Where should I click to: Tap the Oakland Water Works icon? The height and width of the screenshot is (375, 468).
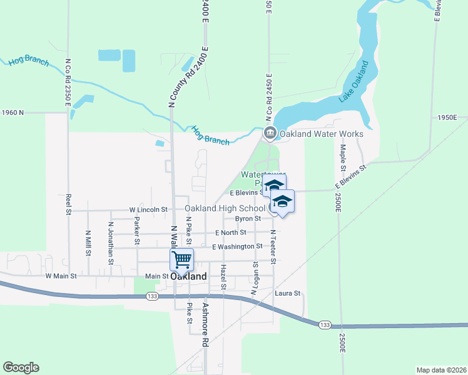pyautogui.click(x=270, y=132)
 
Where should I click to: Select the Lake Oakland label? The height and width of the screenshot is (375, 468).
pyautogui.click(x=354, y=82)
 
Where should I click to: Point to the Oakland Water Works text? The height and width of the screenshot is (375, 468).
pyautogui.click(x=321, y=134)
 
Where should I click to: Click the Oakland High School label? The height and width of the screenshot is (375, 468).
pyautogui.click(x=225, y=208)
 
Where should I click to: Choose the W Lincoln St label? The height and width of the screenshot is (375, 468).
pyautogui.click(x=148, y=209)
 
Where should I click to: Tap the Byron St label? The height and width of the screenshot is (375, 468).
pyautogui.click(x=248, y=219)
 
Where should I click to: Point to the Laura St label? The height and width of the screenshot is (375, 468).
pyautogui.click(x=288, y=292)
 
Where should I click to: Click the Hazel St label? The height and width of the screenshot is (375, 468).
pyautogui.click(x=223, y=277)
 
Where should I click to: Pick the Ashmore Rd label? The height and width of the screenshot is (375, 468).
pyautogui.click(x=204, y=325)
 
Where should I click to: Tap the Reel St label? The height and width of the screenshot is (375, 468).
pyautogui.click(x=68, y=204)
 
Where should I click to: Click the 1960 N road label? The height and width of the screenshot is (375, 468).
pyautogui.click(x=13, y=112)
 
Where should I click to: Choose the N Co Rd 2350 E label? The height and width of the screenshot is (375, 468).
pyautogui.click(x=67, y=81)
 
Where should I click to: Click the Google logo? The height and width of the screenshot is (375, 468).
pyautogui.click(x=21, y=367)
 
